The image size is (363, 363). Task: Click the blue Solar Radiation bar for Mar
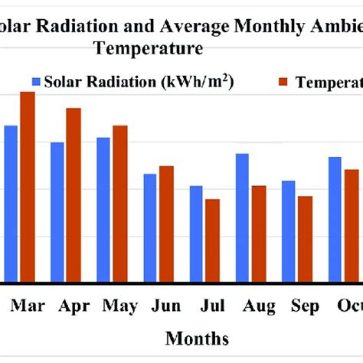10,204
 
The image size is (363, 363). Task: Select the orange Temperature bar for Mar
28,187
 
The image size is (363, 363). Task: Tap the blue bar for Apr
57,212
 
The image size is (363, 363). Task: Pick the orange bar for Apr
74,195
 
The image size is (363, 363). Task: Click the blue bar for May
103,210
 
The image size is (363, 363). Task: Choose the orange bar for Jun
166,224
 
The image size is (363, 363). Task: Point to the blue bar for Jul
196,234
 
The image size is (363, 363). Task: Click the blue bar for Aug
242,218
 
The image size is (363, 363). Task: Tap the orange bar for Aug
259,234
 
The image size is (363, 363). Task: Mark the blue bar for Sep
289,232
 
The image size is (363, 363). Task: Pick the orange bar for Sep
305,240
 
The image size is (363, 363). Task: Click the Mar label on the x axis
28,306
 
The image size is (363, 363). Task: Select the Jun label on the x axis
166,306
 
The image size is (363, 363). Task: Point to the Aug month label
259,306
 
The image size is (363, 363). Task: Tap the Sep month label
305,306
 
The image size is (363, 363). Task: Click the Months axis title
197,338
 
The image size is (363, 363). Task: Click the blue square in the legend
36,81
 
